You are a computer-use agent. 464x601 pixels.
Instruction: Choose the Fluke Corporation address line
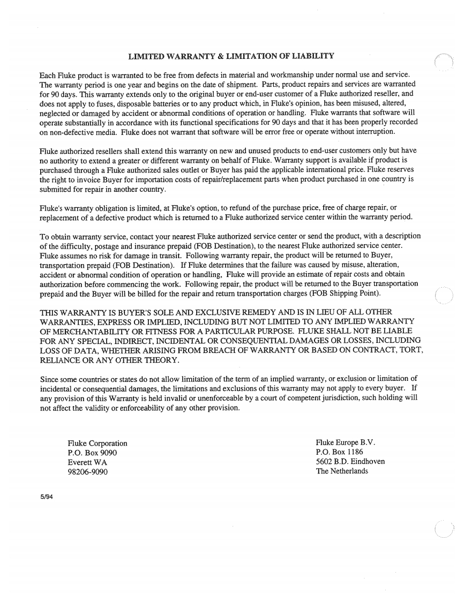(98, 443)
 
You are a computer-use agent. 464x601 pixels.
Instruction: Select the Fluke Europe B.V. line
(346, 442)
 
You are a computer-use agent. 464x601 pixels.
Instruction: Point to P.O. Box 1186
(340, 452)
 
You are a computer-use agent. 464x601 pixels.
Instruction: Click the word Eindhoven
(364, 461)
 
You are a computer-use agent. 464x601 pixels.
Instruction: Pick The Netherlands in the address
(342, 471)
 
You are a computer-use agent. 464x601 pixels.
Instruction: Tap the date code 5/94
(48, 497)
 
